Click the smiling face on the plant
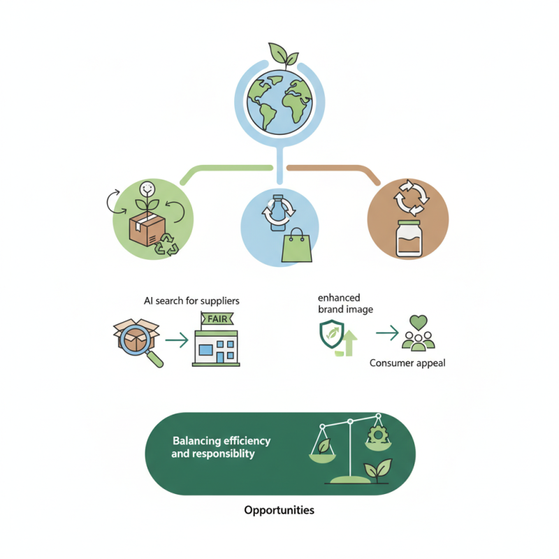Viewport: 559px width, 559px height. (147, 188)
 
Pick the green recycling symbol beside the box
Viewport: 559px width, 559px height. (167, 245)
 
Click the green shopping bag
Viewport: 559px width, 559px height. (294, 246)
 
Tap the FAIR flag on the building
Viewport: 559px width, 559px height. (216, 319)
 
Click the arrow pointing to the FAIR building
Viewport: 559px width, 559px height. (178, 340)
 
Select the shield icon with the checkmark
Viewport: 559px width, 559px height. (331, 335)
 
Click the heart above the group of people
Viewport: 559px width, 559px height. (419, 324)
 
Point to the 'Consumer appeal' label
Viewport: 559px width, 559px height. (407, 363)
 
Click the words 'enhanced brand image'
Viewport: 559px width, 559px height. (344, 303)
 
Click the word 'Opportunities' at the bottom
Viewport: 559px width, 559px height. (279, 510)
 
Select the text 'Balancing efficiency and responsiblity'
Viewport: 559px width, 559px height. (221, 447)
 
